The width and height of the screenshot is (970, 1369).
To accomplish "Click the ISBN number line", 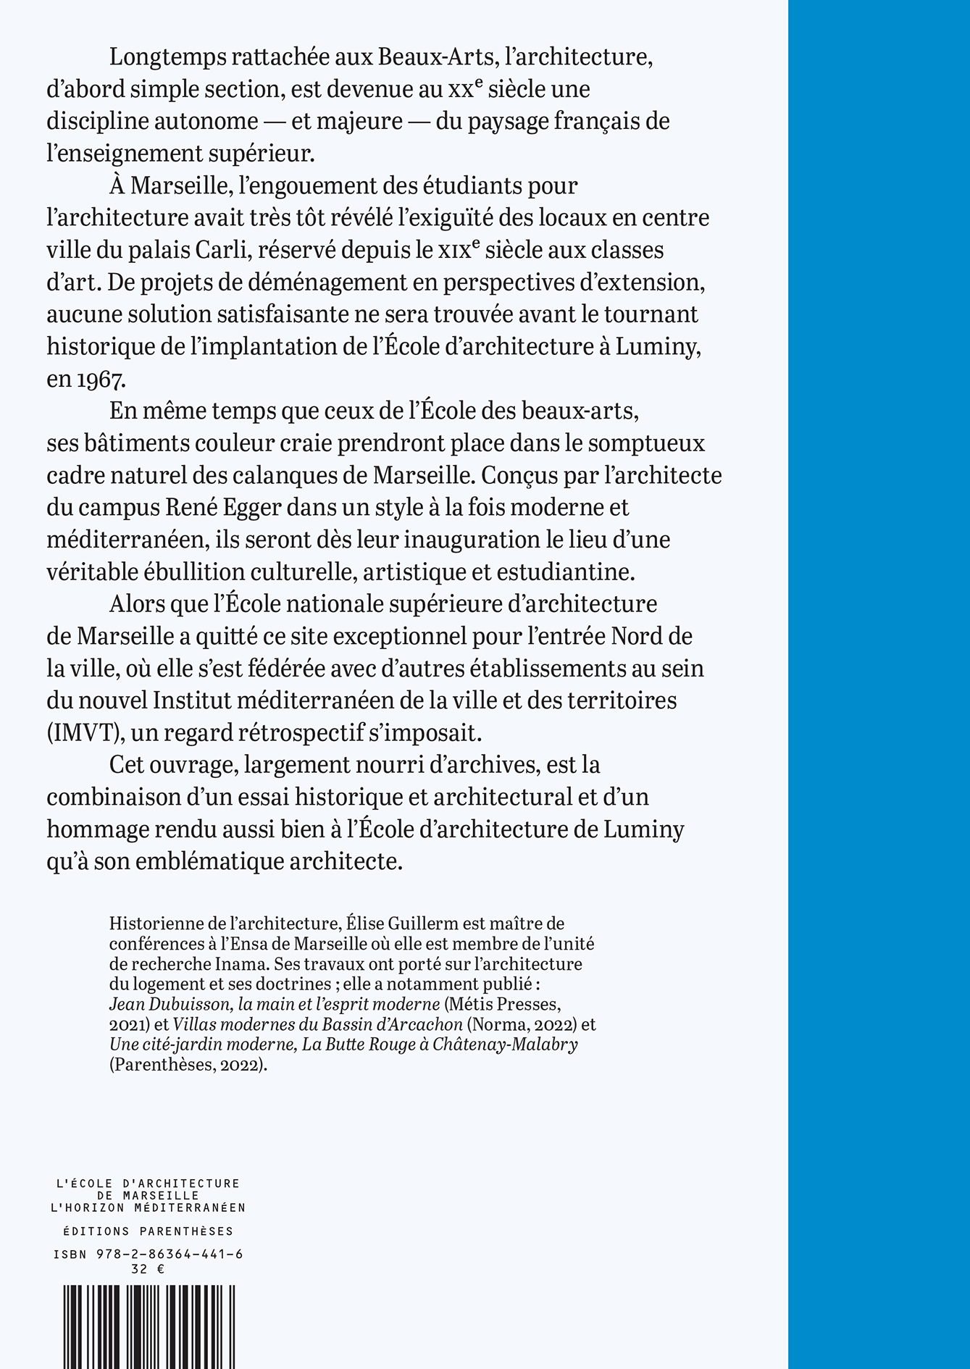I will pyautogui.click(x=148, y=1255).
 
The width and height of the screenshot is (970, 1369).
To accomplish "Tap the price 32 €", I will pyautogui.click(x=148, y=1268).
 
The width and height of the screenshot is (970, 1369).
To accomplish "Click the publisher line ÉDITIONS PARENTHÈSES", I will pyautogui.click(x=148, y=1231).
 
